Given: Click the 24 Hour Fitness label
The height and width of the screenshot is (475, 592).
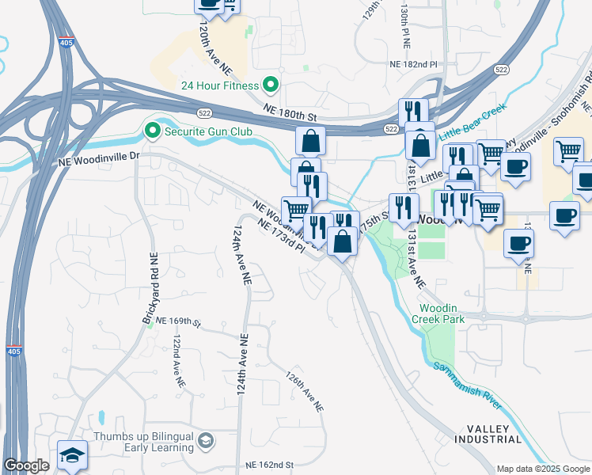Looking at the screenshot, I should coord(220,85).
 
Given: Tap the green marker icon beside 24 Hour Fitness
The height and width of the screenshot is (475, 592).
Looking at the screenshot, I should coord(271,84).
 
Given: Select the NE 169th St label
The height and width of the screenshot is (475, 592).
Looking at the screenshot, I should coord(179,321).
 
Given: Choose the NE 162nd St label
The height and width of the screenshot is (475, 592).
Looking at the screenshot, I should coord(269,465).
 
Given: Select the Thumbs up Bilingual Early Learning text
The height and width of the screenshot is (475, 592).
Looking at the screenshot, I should coord(144,442).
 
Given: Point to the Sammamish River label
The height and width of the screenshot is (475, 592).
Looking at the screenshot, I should coord(467,385).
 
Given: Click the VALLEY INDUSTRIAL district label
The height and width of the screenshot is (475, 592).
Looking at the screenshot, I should coord(488,434).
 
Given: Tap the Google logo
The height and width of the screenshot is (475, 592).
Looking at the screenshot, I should coord(26,466).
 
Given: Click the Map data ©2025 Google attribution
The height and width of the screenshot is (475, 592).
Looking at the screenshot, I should coord(542,469).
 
